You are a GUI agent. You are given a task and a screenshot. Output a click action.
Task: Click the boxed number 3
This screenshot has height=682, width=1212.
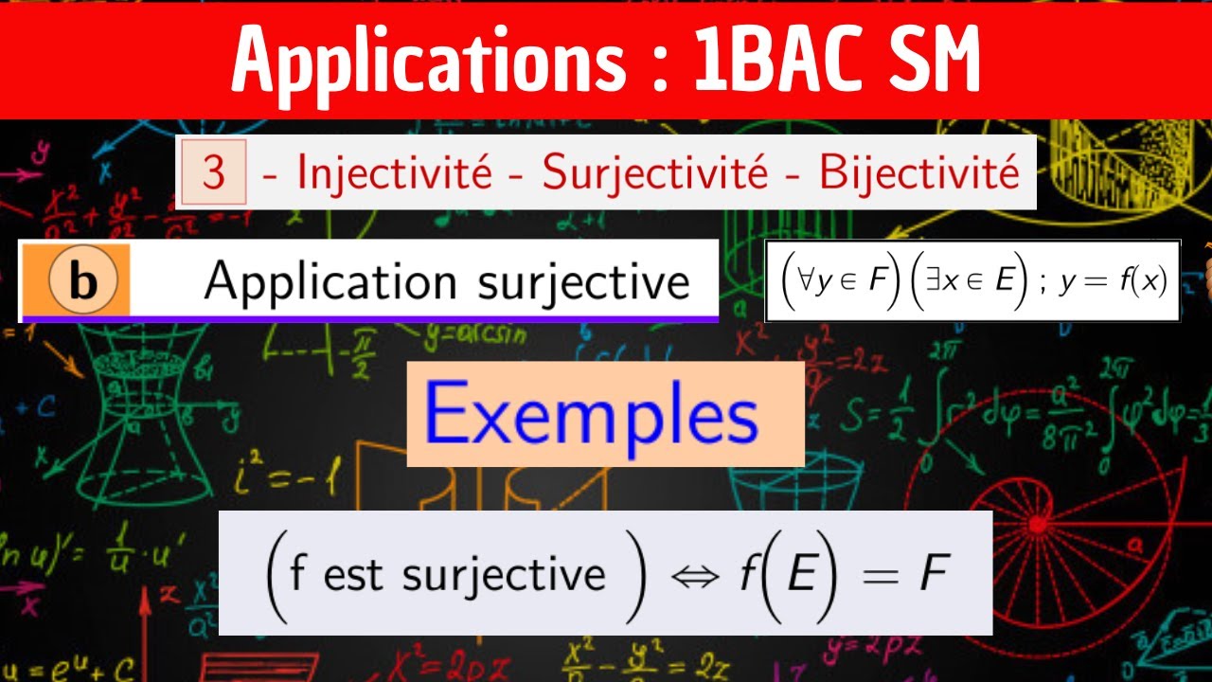(214, 174)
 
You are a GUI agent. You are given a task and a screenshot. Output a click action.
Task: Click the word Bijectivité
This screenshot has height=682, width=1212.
(918, 173)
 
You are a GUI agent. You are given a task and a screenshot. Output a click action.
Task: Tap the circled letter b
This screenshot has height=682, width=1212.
(83, 281)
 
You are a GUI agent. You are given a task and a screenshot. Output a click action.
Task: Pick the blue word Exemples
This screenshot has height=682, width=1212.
(591, 415)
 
